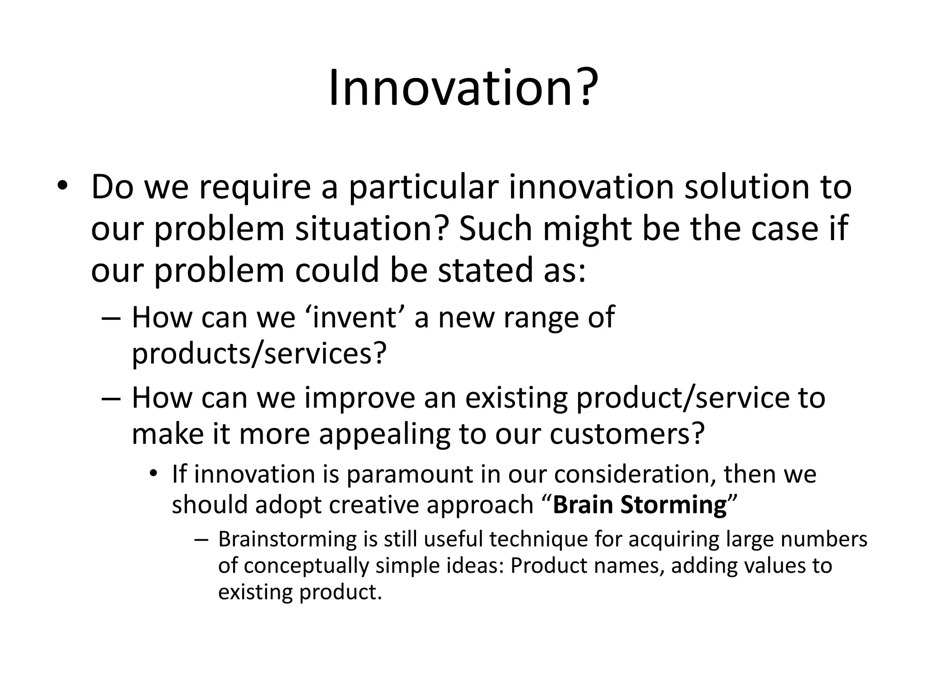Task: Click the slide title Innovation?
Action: tap(463, 88)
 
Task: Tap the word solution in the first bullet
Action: tap(742, 187)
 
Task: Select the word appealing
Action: tap(384, 434)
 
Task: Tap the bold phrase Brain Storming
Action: tap(640, 505)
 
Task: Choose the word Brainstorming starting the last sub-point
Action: tap(286, 540)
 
